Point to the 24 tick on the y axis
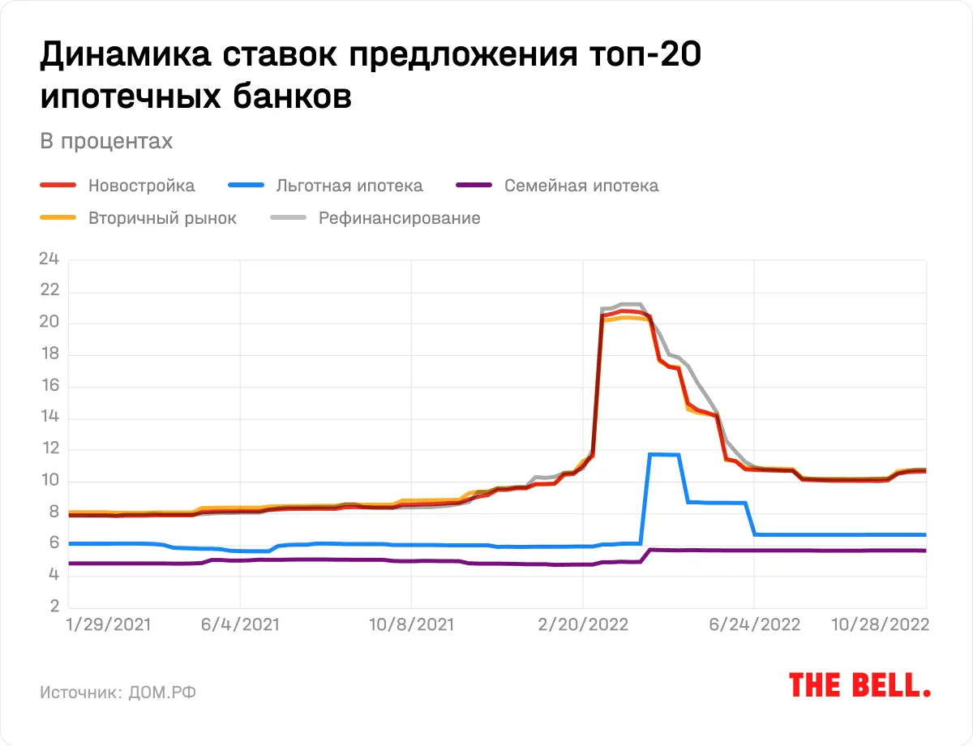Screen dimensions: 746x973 pos(49,259)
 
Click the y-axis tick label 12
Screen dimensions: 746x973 pos(49,449)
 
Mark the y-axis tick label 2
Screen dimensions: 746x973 pos(54,607)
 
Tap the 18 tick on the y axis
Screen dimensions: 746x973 pos(49,354)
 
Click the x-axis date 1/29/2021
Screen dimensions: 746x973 pos(108,625)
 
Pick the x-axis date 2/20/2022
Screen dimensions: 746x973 pos(581,625)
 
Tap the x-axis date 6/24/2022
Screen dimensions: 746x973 pos(754,625)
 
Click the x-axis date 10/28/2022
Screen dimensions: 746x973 pos(880,625)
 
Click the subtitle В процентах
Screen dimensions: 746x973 pos(106,141)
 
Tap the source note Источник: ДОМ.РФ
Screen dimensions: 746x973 pos(118,692)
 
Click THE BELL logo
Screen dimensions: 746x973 pos(859,685)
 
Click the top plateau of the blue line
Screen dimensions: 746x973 pos(662,454)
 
